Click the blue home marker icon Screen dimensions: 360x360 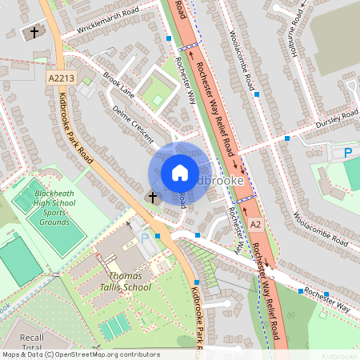[x=180, y=173]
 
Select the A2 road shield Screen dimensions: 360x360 [x=255, y=226]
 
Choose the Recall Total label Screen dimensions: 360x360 [x=32, y=343]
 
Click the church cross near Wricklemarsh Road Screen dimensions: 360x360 [x=34, y=33]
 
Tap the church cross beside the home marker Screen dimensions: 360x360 [x=153, y=196]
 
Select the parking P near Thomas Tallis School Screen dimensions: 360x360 [x=145, y=238]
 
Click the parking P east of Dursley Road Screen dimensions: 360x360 [x=348, y=152]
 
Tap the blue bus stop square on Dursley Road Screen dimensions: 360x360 [x=286, y=138]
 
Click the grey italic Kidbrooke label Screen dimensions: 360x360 [x=338, y=354]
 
